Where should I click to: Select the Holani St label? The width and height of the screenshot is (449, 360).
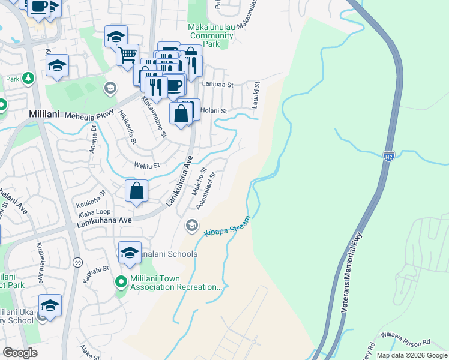click(x=214, y=110)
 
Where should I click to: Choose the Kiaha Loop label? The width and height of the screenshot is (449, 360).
click(x=94, y=212)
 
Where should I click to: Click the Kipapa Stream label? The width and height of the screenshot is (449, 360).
click(x=226, y=227)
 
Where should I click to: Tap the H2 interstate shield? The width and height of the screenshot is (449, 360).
click(x=389, y=156)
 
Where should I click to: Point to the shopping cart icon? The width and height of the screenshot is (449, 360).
click(x=127, y=55)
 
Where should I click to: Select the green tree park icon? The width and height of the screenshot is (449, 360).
click(x=28, y=79)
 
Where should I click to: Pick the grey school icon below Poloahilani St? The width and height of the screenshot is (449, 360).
click(x=191, y=226)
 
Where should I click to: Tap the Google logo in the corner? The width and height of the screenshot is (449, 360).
click(x=20, y=353)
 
